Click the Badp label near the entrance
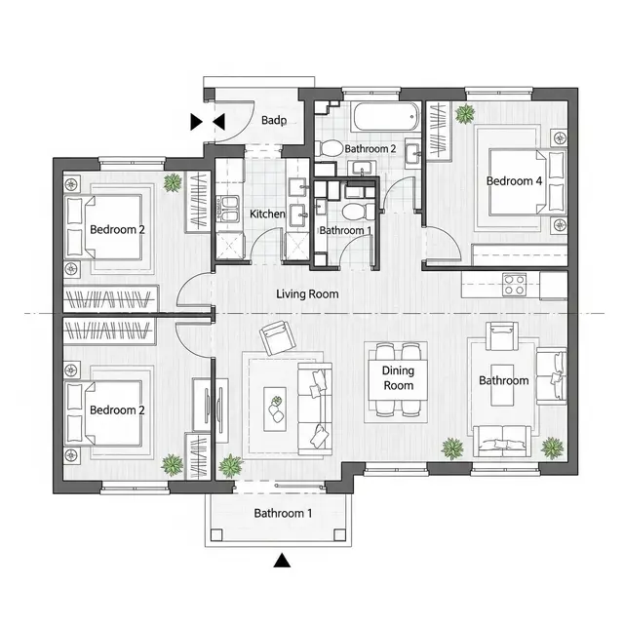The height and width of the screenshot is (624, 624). (274, 120)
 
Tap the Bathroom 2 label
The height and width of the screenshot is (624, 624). (370, 149)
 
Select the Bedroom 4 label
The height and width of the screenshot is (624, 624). (514, 181)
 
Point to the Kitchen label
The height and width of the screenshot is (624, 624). (267, 214)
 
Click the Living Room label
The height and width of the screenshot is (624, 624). (307, 294)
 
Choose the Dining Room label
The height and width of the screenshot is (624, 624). (398, 378)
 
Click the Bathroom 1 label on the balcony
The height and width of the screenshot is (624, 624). (283, 514)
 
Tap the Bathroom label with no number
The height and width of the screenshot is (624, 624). (504, 380)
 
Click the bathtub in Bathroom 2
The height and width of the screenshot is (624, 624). (386, 117)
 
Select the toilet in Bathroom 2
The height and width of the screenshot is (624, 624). (330, 149)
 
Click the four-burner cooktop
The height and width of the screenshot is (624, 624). (514, 285)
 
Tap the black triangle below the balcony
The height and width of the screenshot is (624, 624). (282, 560)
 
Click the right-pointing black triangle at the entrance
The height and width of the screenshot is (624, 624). (196, 122)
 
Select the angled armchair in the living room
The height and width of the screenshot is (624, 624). (278, 338)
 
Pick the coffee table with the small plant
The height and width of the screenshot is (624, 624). (275, 409)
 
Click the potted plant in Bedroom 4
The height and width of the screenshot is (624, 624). (465, 114)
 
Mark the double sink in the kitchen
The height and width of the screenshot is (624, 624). (228, 209)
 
